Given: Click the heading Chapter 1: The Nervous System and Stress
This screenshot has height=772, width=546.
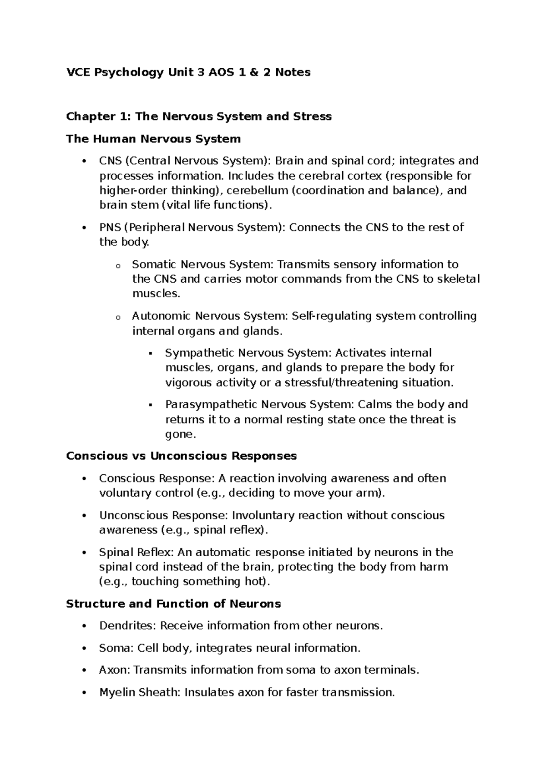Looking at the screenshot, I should click(x=199, y=117).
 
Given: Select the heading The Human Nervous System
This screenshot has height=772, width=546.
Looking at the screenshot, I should click(x=153, y=139).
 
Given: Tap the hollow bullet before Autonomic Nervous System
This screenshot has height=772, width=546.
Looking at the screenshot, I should click(x=117, y=317).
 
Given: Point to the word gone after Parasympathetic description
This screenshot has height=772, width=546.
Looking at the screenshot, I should click(x=180, y=434).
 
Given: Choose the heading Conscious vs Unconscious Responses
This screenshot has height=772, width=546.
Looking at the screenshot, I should click(x=181, y=456).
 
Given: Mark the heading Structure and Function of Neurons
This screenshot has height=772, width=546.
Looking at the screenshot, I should click(x=173, y=604).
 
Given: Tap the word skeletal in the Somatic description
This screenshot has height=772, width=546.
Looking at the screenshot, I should click(x=458, y=279).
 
